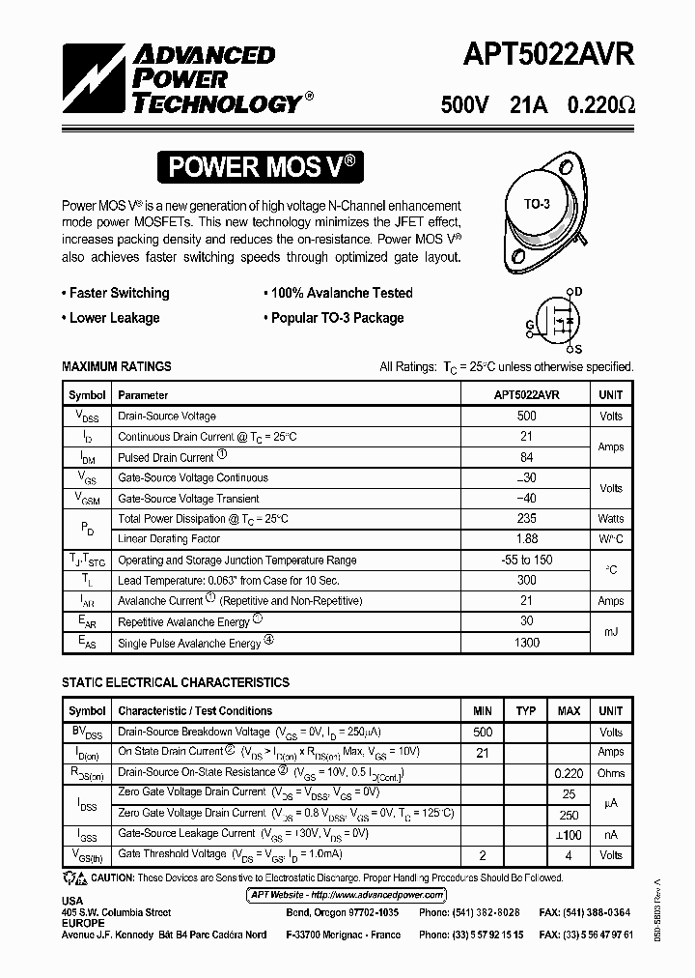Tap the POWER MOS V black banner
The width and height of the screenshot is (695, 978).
[264, 166]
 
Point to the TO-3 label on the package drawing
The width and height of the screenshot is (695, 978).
[537, 204]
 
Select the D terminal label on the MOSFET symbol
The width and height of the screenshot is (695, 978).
[579, 291]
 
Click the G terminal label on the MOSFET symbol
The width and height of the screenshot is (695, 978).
[530, 324]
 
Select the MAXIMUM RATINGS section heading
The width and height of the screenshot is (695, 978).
[117, 366]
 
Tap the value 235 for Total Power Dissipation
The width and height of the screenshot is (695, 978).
[526, 519]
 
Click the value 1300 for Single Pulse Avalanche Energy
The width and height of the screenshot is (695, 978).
[526, 643]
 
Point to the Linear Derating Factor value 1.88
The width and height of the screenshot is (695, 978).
[526, 539]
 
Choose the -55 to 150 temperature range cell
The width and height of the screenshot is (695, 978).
[526, 560]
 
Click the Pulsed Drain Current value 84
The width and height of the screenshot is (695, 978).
[526, 457]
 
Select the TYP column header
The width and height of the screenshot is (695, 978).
[525, 711]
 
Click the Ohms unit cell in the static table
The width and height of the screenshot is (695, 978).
[610, 773]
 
